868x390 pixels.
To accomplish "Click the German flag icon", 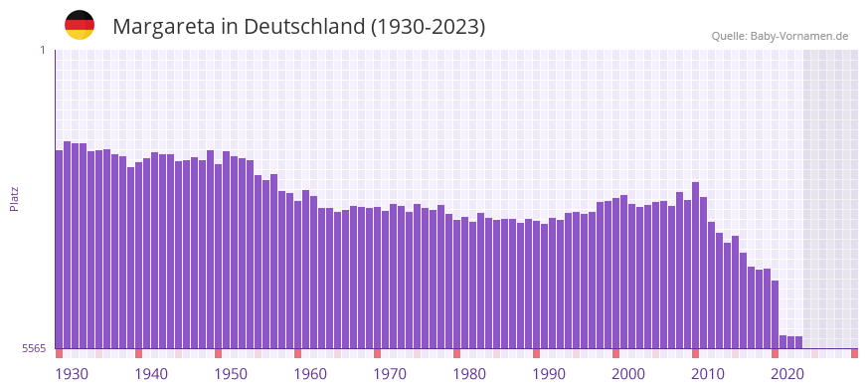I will [x=80, y=25].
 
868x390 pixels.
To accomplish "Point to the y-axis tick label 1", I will [x=42, y=50].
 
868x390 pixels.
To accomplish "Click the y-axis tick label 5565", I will [x=34, y=348].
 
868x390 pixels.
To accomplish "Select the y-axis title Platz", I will [x=14, y=198].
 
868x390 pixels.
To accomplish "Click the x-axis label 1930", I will [x=72, y=374].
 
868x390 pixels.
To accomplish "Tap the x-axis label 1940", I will [x=151, y=374].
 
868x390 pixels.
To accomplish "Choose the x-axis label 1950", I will [x=231, y=374].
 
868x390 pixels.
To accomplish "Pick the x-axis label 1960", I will [x=310, y=374].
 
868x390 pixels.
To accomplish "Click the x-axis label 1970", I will [x=390, y=374].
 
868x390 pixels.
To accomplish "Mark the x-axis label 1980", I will [x=469, y=374].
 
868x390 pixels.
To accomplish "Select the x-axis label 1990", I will [x=549, y=374].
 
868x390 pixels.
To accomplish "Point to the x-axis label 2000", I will [x=628, y=374].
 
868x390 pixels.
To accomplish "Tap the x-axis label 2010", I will [x=708, y=374].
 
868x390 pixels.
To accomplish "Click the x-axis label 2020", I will [x=787, y=374].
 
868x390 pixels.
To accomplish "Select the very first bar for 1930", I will [x=59, y=249].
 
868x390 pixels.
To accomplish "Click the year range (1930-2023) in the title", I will [x=428, y=27].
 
